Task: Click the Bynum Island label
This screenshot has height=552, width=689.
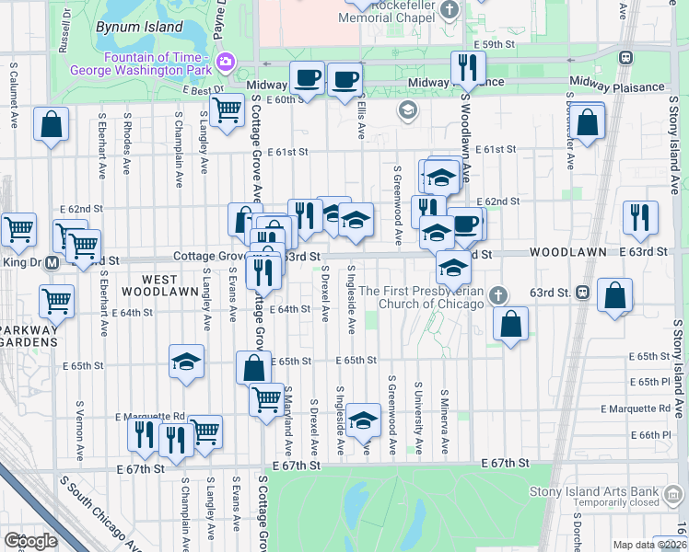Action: pyautogui.click(x=139, y=27)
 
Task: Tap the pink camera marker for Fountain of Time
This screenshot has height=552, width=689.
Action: pyautogui.click(x=226, y=63)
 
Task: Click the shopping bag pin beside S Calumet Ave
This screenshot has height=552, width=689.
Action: pyautogui.click(x=52, y=123)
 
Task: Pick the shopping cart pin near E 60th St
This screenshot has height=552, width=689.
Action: pyautogui.click(x=227, y=111)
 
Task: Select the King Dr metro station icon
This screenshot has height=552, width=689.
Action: pyautogui.click(x=53, y=262)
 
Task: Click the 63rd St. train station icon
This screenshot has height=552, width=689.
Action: pyautogui.click(x=582, y=293)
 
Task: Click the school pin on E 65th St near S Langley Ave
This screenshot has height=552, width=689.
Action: pyautogui.click(x=186, y=361)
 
